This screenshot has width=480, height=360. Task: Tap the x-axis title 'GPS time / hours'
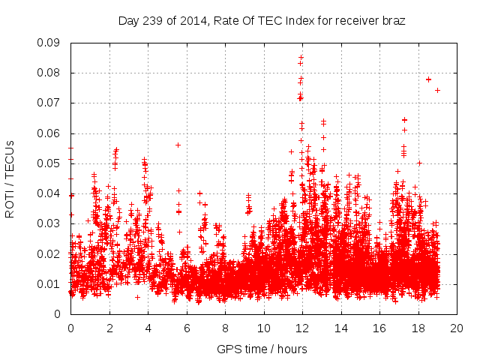point(262,349)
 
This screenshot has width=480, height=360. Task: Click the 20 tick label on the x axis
point(457,328)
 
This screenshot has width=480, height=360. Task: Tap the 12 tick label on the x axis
point(302,328)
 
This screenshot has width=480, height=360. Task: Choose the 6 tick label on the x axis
point(187,328)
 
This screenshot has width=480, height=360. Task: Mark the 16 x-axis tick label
point(379,328)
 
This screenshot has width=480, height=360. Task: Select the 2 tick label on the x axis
point(109,328)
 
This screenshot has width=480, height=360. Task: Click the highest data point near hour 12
point(301,57)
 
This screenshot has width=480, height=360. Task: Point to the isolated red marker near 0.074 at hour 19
point(437,90)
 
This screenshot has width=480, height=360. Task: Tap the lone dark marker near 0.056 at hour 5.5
point(178,145)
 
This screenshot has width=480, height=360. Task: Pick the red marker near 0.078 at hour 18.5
point(428,79)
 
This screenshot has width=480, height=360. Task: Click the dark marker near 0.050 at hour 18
point(420,163)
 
